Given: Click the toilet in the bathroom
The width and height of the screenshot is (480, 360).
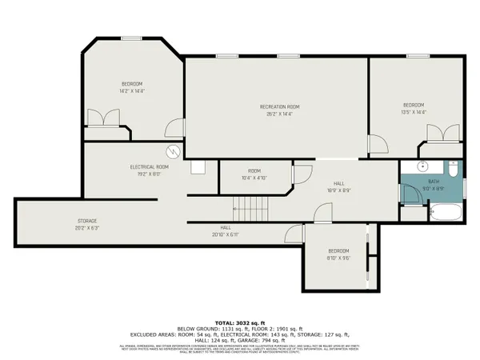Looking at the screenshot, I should pos(452,170).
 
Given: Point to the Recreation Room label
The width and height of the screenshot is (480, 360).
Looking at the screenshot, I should pos(279,106).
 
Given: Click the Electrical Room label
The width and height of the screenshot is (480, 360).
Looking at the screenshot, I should pos(151,166).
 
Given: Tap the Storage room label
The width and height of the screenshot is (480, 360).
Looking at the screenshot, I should pos(87,220).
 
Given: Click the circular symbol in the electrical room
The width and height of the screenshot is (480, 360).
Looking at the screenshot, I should pos(171,150).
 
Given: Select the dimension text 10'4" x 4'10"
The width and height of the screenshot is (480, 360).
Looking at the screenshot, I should pos(254,178).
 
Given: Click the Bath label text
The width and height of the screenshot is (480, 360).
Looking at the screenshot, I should pos(434,182).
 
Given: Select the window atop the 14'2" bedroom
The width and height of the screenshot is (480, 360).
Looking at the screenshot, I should pos(132,38).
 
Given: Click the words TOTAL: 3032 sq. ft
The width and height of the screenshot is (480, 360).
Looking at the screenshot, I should pos(239,321).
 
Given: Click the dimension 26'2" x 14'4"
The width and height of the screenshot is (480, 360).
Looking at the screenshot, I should pos(279,114).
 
